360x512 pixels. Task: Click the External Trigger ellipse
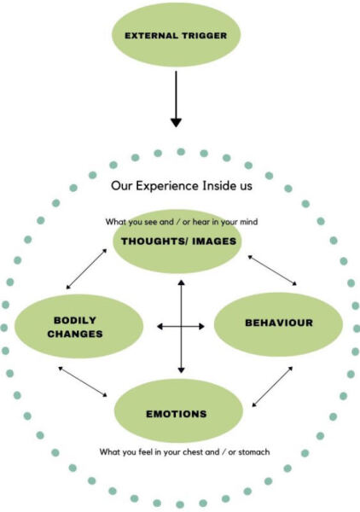(177, 35)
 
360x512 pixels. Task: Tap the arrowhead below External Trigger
(176, 122)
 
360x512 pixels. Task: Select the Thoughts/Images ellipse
(177, 241)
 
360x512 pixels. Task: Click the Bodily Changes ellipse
(79, 326)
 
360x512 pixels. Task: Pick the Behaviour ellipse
(278, 324)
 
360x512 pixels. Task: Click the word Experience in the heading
(167, 186)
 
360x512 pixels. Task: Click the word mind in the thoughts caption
(249, 222)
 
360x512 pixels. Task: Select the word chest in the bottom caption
(194, 452)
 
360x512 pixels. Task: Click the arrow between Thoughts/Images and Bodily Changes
(86, 269)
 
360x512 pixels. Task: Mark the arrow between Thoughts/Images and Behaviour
(272, 271)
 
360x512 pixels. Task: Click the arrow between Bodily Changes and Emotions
(83, 381)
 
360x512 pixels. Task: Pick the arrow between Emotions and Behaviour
(272, 387)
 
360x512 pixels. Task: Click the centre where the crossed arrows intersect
(181, 326)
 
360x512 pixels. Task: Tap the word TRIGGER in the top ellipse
(204, 36)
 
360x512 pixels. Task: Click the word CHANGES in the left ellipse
(75, 334)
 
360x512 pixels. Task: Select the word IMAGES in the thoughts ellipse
(214, 241)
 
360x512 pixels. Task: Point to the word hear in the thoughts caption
(201, 222)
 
